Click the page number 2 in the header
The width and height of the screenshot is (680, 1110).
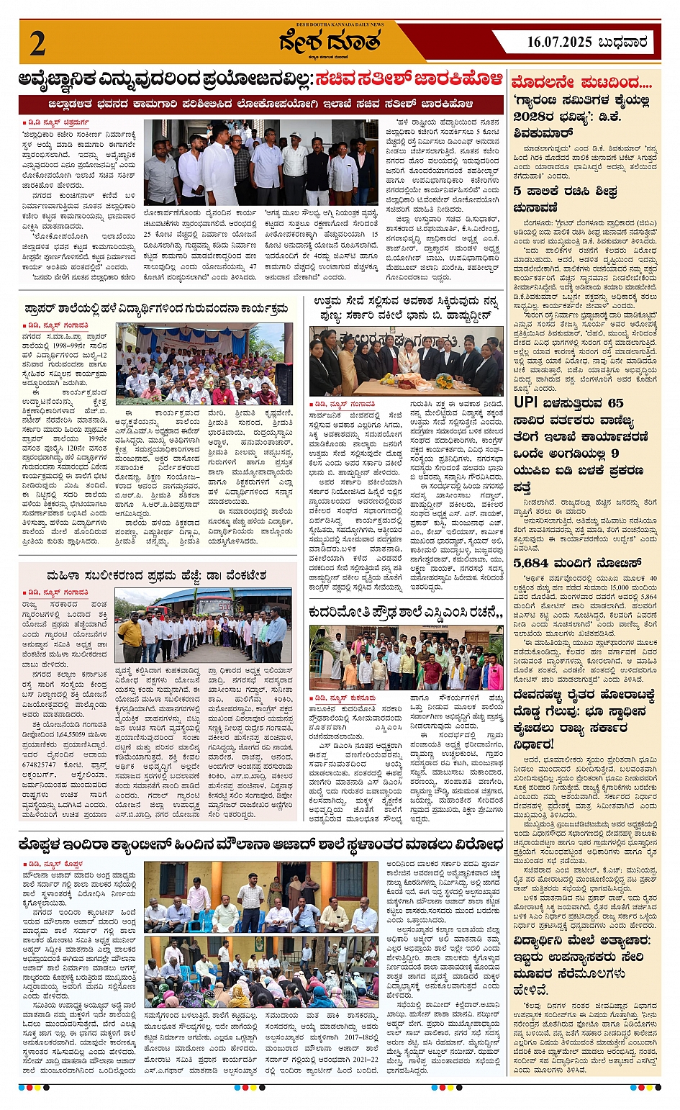click(37, 44)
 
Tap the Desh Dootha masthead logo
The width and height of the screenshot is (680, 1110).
click(330, 42)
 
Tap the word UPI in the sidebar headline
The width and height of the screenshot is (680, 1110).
click(531, 403)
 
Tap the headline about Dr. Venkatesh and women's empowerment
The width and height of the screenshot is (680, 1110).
click(156, 576)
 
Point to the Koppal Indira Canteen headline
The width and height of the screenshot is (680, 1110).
click(260, 844)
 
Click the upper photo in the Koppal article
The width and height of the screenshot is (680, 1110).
click(261, 897)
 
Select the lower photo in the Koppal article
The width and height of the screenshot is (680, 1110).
click(261, 971)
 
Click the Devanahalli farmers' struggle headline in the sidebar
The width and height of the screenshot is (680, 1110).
click(584, 718)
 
